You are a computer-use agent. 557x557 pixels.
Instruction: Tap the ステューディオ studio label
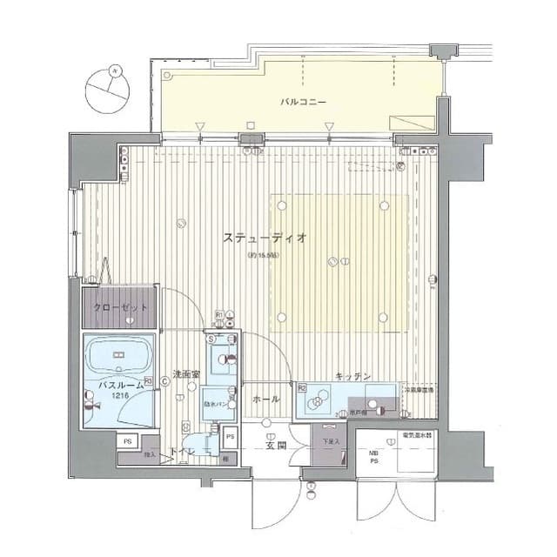(x=264, y=238)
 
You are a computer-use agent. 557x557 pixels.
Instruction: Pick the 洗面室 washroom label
(x=187, y=375)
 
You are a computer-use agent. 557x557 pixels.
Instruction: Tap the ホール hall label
(x=265, y=399)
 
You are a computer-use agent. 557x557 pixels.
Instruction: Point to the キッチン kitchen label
(x=353, y=376)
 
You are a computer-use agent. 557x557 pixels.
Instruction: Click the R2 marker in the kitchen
(x=302, y=388)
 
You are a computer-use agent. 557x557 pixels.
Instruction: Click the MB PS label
(x=372, y=458)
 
